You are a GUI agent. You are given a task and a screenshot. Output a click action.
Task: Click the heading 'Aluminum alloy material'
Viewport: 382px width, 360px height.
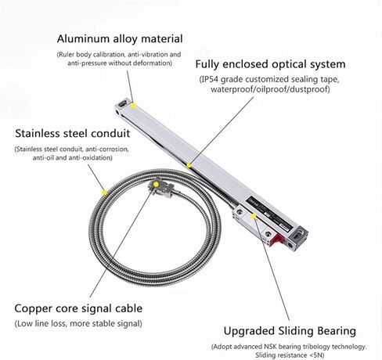coord(120,39)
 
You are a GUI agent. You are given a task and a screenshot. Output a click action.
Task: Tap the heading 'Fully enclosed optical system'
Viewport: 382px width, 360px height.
coord(270,64)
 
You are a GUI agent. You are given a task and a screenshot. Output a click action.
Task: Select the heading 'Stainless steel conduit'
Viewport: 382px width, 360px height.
coord(73,133)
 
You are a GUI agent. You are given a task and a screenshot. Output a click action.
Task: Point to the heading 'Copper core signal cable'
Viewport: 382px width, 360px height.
coord(78,308)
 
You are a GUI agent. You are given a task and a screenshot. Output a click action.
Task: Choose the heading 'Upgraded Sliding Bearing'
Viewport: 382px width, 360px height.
coord(290,331)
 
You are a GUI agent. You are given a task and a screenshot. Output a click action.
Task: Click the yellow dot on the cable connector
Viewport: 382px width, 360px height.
coord(156,185)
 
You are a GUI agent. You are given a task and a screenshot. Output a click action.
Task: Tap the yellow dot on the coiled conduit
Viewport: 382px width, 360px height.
coord(105,193)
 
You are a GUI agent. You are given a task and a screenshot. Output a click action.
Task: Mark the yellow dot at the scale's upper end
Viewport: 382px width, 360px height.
coord(134,106)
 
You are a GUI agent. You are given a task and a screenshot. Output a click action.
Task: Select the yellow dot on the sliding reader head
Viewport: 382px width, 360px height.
coord(253,216)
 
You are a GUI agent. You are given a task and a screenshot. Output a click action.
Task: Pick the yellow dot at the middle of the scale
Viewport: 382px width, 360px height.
coord(189,165)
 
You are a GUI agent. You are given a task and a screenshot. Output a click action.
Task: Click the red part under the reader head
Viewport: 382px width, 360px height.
coord(278,239)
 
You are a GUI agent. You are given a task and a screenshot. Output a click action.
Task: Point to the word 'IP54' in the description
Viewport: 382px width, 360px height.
coord(209,79)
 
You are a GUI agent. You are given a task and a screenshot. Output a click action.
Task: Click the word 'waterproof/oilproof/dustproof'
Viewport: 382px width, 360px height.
coord(269,89)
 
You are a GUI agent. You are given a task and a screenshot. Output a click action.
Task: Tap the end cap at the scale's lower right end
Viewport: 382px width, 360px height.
coord(297,239)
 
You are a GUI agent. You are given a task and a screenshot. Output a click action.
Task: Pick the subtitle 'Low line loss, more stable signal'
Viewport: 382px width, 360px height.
coord(78,324)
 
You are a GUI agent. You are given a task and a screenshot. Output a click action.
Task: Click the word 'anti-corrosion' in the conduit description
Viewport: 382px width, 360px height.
coord(107,149)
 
